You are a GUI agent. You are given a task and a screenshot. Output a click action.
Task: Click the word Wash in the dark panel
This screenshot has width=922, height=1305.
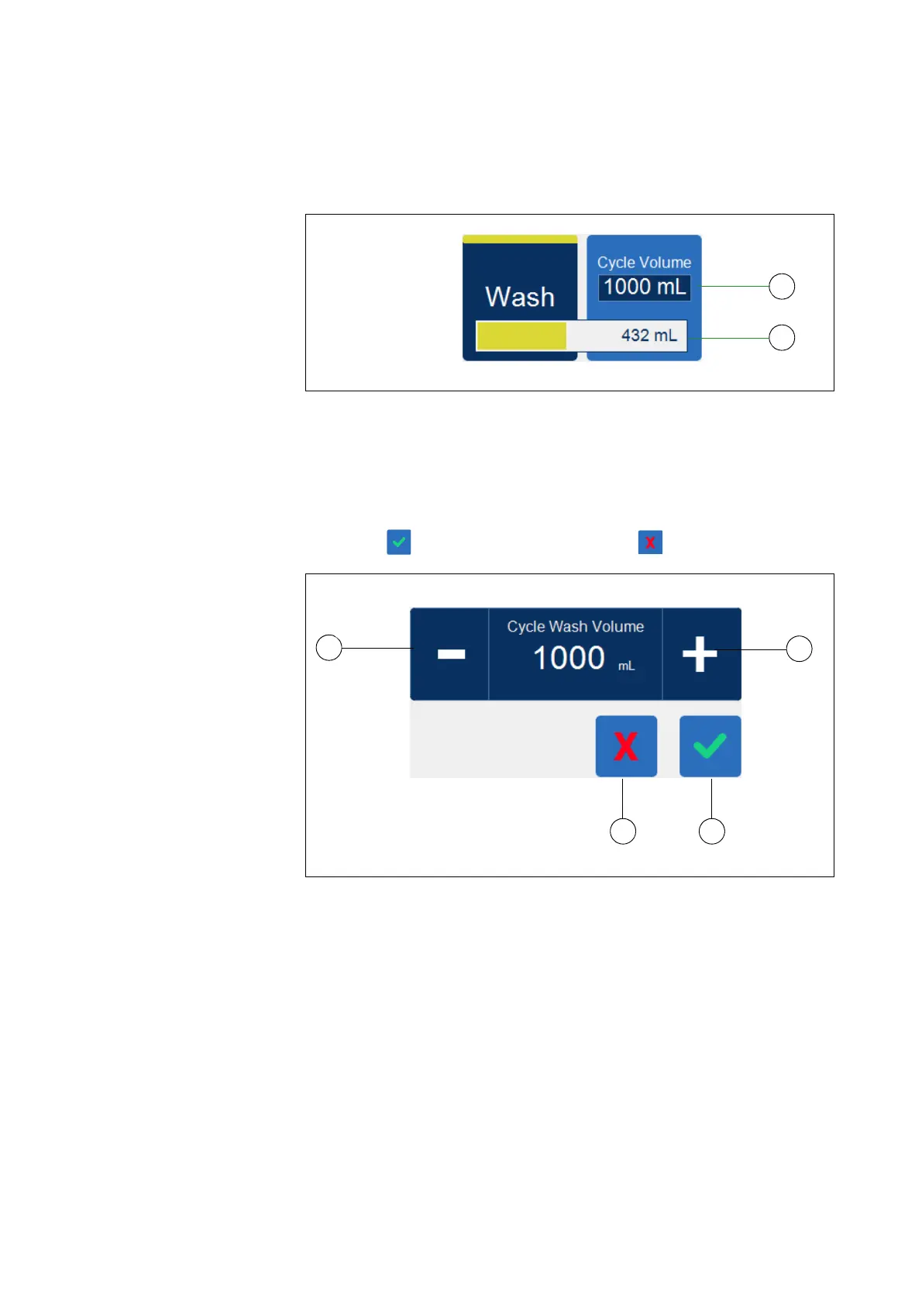coord(519,297)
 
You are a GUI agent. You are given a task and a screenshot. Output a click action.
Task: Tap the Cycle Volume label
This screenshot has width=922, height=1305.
coord(644,263)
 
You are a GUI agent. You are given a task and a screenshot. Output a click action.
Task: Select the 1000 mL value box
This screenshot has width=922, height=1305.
coord(644,288)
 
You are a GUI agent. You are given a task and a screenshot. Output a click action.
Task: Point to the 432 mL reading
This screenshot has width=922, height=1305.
coord(648,336)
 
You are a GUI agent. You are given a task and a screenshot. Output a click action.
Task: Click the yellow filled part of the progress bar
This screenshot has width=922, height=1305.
coord(521,336)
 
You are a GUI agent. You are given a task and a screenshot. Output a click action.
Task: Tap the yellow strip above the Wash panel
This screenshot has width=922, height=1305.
coord(520,239)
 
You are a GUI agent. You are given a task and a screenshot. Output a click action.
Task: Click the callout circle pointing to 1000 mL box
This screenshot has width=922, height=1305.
coord(782,287)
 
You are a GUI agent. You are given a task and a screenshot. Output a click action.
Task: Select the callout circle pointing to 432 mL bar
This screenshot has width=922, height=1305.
coord(782,338)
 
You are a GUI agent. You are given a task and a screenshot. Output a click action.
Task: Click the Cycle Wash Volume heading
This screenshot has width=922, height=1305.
coord(575,626)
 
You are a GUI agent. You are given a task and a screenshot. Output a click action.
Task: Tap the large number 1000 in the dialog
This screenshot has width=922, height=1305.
coord(569,658)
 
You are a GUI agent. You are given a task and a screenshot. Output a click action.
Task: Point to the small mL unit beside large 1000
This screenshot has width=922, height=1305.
coord(626,666)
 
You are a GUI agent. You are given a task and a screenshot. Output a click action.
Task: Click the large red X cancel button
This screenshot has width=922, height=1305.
coord(626,746)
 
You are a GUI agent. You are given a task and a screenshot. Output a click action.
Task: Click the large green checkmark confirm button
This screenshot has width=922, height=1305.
coord(710,746)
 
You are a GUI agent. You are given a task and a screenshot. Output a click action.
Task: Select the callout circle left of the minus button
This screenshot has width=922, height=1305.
coord(329,647)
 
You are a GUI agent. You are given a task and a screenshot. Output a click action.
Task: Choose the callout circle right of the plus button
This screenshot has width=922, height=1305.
coord(799,649)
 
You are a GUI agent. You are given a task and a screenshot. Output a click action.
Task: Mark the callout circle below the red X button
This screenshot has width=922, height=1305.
coord(623,832)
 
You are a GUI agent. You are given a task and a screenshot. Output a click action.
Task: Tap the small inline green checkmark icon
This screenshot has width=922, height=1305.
coord(399,542)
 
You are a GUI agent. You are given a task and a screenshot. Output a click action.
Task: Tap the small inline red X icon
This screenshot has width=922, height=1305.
coord(650,542)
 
